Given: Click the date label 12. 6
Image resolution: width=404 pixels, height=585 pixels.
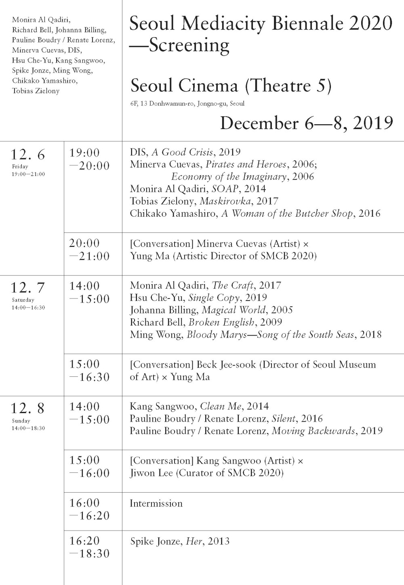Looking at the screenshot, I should click(x=28, y=155).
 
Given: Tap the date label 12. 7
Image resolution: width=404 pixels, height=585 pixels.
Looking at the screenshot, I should click(x=28, y=288).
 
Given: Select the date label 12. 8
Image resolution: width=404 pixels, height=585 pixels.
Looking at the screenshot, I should click(x=28, y=409).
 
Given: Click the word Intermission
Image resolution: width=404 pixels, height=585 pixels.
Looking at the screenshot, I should click(x=156, y=504).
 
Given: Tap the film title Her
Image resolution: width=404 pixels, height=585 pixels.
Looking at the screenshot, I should click(x=194, y=541).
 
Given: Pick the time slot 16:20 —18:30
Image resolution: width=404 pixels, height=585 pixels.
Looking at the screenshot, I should click(x=89, y=547).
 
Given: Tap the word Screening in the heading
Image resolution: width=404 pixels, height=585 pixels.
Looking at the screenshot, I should click(x=189, y=45).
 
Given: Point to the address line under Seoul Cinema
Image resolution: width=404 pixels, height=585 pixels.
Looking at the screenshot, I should click(x=187, y=104).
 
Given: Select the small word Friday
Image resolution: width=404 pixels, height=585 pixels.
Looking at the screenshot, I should click(x=20, y=167).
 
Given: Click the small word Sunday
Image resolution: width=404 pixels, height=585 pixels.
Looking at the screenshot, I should click(x=21, y=421).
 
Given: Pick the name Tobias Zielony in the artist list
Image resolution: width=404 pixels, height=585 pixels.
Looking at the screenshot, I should click(x=36, y=91).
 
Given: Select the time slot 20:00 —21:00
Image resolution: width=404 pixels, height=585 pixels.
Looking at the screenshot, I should click(x=89, y=250).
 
